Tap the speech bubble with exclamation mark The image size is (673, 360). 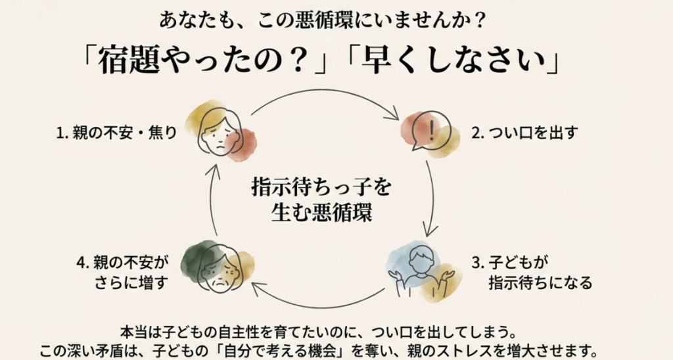click(x=429, y=131)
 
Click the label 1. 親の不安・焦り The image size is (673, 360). click(x=116, y=133)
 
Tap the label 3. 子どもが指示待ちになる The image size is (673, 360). click(x=532, y=273)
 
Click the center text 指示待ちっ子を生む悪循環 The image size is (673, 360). click(x=321, y=200)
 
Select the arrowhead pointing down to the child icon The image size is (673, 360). click(x=428, y=232)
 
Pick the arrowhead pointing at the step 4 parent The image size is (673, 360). click(x=258, y=286)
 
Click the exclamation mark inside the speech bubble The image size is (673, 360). click(x=430, y=129)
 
